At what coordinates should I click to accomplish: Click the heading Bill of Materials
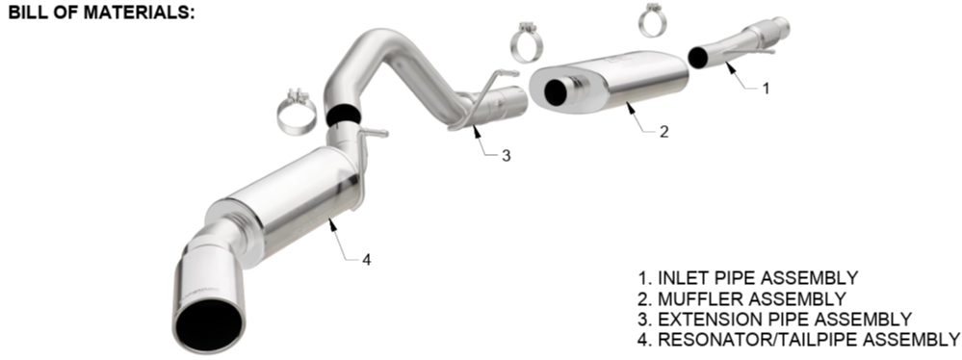click(101, 12)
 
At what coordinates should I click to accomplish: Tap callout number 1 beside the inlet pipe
click(765, 89)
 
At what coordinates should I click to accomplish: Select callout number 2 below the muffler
click(663, 131)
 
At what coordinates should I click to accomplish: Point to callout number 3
click(506, 156)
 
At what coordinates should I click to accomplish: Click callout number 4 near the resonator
click(366, 260)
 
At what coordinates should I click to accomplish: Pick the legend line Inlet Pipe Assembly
click(748, 278)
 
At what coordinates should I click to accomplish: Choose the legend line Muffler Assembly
click(741, 298)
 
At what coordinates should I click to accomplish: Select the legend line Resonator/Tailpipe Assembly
click(799, 339)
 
